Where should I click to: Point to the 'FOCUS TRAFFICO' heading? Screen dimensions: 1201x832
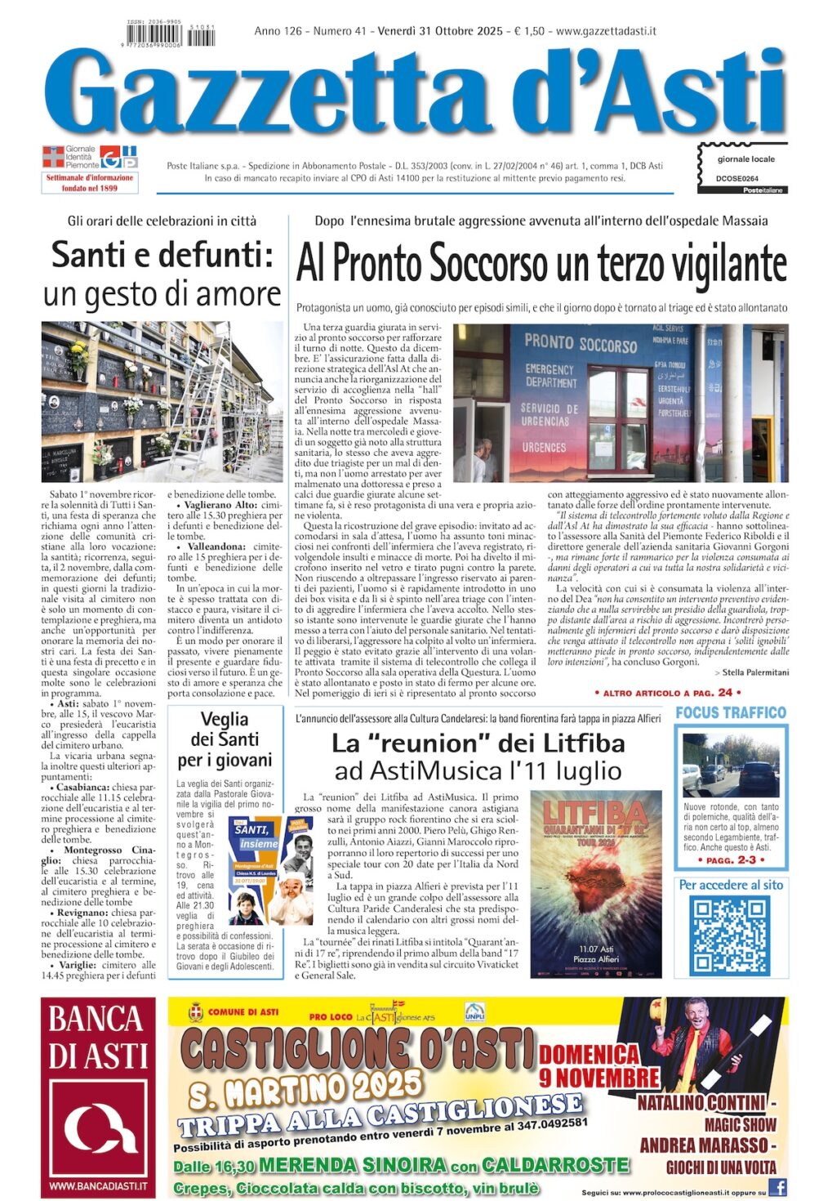click(x=730, y=712)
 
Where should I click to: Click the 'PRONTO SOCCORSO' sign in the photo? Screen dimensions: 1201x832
click(x=580, y=343)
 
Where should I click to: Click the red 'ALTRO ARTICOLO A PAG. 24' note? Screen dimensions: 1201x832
click(x=663, y=693)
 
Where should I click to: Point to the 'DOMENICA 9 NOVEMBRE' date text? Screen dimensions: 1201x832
click(x=598, y=1065)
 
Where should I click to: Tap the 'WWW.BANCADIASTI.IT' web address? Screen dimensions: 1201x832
click(x=97, y=1185)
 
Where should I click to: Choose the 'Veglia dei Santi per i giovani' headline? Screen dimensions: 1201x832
click(x=225, y=739)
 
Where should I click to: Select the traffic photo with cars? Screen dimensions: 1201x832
click(x=731, y=766)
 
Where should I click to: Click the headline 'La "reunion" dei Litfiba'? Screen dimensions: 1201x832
click(x=478, y=743)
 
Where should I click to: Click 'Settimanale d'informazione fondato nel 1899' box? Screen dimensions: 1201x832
click(x=90, y=183)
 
